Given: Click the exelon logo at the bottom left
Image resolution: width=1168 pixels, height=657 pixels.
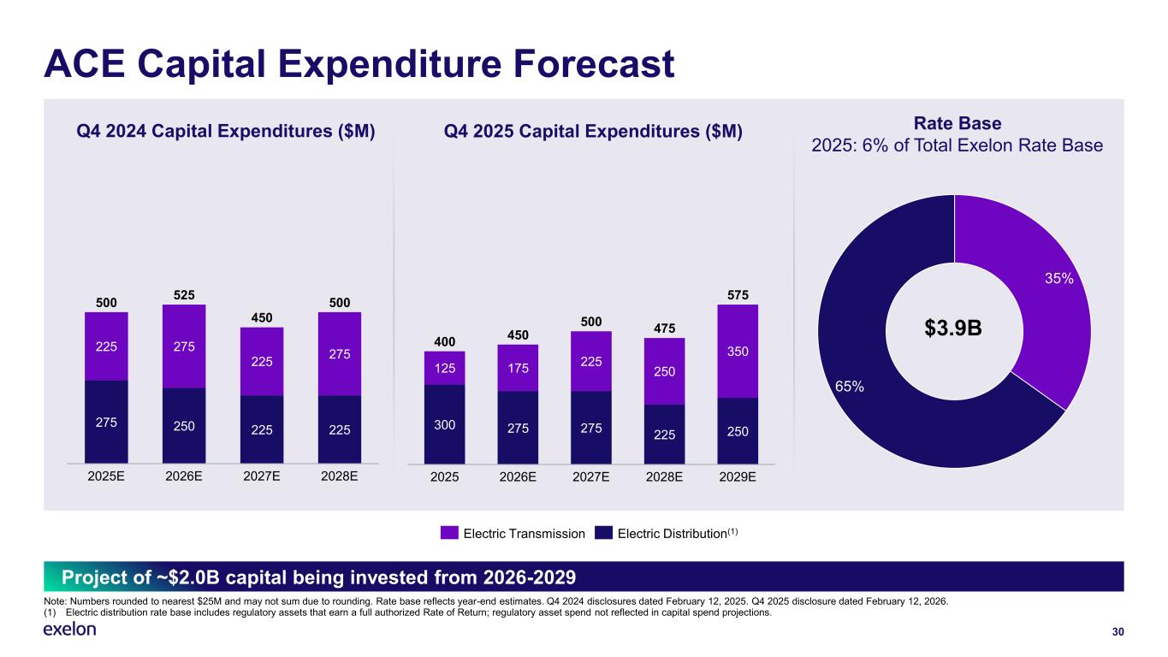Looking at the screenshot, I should tap(69, 630).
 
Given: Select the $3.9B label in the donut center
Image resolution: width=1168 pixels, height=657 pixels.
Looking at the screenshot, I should tap(954, 328).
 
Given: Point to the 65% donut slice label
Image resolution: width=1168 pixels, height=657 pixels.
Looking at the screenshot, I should tap(849, 387).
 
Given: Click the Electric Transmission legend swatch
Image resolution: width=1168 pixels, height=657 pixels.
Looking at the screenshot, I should tap(450, 533).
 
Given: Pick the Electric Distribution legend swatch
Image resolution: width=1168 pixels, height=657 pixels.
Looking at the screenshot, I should tap(604, 533).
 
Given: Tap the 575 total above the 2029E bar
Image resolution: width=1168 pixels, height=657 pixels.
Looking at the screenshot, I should tap(738, 295).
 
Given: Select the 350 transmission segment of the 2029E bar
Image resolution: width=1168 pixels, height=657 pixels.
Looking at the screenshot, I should tap(738, 351).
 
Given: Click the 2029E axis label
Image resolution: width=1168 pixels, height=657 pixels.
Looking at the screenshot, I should tap(738, 477).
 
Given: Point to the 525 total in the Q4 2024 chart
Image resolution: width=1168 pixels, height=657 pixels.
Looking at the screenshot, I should tap(184, 294).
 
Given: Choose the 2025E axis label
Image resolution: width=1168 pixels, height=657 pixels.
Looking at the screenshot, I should tap(106, 476).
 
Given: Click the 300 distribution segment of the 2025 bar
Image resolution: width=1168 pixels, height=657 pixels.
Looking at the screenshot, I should tap(444, 423).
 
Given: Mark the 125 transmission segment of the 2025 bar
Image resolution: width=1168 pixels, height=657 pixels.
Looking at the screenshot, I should tap(444, 368).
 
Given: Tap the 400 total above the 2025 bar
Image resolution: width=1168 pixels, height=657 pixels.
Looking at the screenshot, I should tap(444, 341).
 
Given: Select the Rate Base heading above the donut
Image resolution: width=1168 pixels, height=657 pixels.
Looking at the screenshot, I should tap(957, 124).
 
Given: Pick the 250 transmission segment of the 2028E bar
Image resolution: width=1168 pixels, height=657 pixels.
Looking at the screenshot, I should tap(664, 371).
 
